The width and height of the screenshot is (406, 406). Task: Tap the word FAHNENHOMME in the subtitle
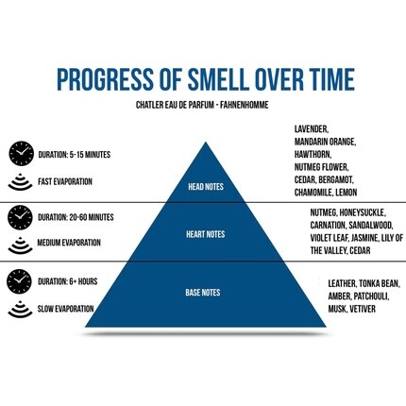245,105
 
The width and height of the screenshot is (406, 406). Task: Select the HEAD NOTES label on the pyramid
206,187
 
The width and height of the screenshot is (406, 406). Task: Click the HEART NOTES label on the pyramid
206,234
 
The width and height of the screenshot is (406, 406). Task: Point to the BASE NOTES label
203,293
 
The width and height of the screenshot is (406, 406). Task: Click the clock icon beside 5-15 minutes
21,153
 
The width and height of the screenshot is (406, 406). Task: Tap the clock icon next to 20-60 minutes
20,217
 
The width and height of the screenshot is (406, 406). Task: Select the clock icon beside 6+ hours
20,281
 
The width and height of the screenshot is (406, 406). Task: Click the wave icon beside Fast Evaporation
20,181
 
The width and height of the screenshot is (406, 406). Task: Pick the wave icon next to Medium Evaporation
20,245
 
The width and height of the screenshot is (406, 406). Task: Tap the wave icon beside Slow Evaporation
20,309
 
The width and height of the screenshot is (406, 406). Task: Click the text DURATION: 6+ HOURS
68,281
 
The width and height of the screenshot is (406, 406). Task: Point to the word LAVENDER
312,129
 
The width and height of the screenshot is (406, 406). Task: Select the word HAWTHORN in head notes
313,155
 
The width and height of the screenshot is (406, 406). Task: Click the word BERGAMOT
336,179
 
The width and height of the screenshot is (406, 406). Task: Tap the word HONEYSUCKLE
363,212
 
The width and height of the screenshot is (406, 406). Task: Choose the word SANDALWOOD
370,226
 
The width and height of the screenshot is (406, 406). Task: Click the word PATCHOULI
371,296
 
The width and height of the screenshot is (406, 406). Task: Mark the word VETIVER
363,309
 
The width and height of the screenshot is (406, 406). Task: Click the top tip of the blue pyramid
206,143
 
